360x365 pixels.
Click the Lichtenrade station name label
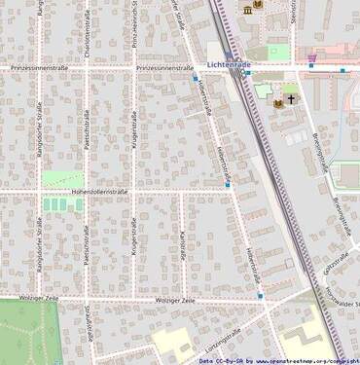point(229,65)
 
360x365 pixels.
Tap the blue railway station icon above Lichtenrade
point(230,55)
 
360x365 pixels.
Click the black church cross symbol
point(289,100)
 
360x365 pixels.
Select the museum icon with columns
point(259,5)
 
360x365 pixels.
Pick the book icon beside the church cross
point(277,100)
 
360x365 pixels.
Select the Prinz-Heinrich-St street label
point(133,24)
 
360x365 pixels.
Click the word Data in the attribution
point(207,360)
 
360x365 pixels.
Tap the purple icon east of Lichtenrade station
point(310,64)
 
